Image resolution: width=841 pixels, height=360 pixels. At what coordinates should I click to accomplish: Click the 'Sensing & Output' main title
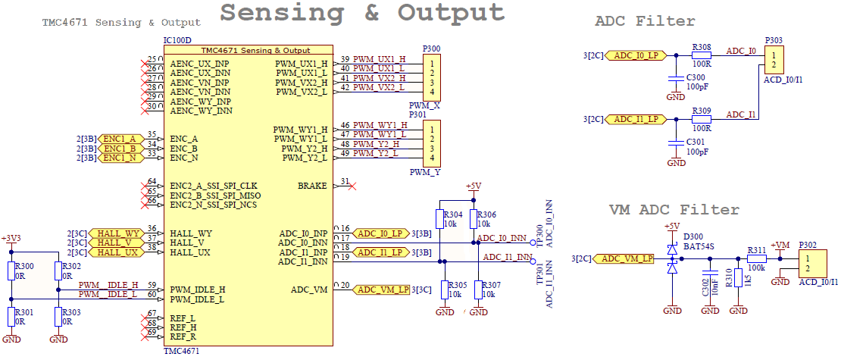pyautogui.click(x=362, y=13)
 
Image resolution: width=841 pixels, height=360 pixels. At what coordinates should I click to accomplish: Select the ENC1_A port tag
pyautogui.click(x=119, y=139)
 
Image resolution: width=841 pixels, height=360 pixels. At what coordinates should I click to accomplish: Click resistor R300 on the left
pyautogui.click(x=11, y=271)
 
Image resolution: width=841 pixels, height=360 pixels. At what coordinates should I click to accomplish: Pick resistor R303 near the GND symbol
pyautogui.click(x=58, y=317)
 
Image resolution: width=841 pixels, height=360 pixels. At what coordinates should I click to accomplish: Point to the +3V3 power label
pyautogui.click(x=11, y=239)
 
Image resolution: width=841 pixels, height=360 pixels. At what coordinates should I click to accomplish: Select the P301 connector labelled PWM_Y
pyautogui.click(x=432, y=144)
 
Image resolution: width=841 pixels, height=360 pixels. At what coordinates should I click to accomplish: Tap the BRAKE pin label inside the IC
pyautogui.click(x=312, y=186)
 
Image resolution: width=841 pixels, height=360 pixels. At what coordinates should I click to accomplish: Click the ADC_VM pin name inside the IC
pyautogui.click(x=309, y=290)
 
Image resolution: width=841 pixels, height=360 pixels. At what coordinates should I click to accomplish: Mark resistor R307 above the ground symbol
pyautogui.click(x=478, y=290)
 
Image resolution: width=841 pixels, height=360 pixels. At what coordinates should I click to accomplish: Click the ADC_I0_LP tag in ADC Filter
pyautogui.click(x=636, y=55)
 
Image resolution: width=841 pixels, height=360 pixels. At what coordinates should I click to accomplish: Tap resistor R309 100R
pyautogui.click(x=702, y=120)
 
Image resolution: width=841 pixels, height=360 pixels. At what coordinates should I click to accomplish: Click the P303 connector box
pyautogui.click(x=773, y=60)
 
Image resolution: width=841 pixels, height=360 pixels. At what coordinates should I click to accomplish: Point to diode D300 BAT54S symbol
pyautogui.click(x=672, y=258)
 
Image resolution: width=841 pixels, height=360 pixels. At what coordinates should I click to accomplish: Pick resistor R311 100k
pyautogui.click(x=756, y=259)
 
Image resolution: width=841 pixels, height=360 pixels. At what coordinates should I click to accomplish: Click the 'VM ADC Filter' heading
pyautogui.click(x=674, y=210)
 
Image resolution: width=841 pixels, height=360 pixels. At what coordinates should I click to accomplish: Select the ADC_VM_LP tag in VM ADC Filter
pyautogui.click(x=624, y=259)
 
